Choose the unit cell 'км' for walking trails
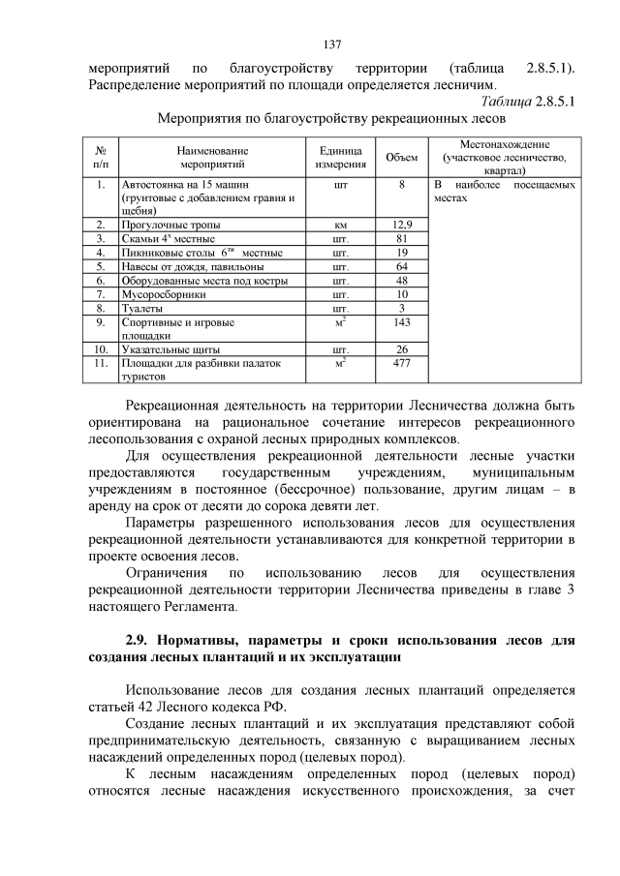341,225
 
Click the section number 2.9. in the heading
140,641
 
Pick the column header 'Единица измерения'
341,158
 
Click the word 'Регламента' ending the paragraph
200,605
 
